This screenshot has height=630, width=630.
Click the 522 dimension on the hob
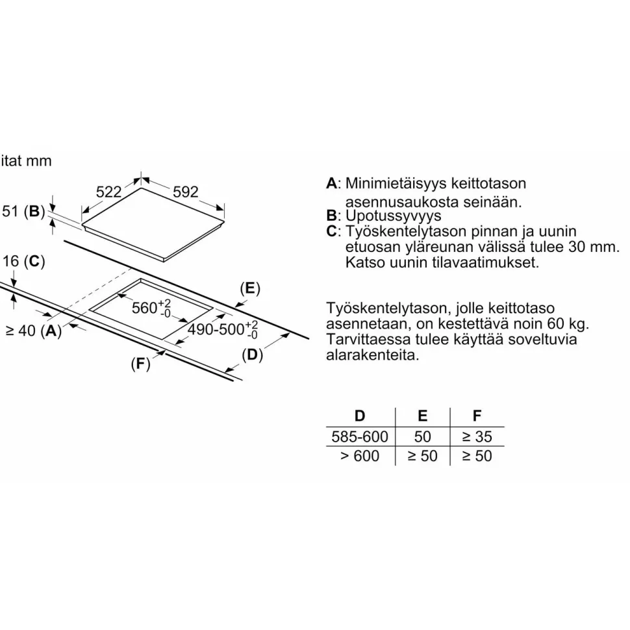[108, 192]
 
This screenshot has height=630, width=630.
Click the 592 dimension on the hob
[186, 192]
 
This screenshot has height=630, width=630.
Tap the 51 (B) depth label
[23, 211]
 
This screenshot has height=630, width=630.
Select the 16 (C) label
[23, 261]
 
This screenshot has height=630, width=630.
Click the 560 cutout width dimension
[151, 308]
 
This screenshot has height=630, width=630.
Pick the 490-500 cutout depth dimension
[223, 330]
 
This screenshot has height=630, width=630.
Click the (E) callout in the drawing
[250, 288]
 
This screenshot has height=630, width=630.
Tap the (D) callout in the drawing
[252, 355]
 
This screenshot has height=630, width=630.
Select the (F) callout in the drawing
[141, 364]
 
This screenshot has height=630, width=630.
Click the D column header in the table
[360, 416]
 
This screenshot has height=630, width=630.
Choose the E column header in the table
[422, 416]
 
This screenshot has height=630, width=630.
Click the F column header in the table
[477, 416]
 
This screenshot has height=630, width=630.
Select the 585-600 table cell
[360, 436]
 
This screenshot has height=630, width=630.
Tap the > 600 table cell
[360, 456]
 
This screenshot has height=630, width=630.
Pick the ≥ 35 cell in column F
[477, 436]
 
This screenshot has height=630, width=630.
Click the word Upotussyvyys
[394, 216]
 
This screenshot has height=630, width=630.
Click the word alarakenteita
[372, 355]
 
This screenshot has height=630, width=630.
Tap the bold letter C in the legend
[331, 231]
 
